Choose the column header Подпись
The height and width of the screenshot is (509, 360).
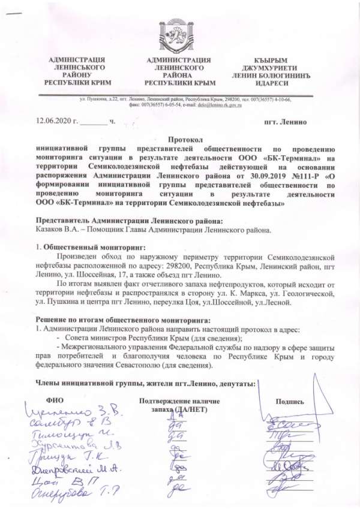coord(289,402)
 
